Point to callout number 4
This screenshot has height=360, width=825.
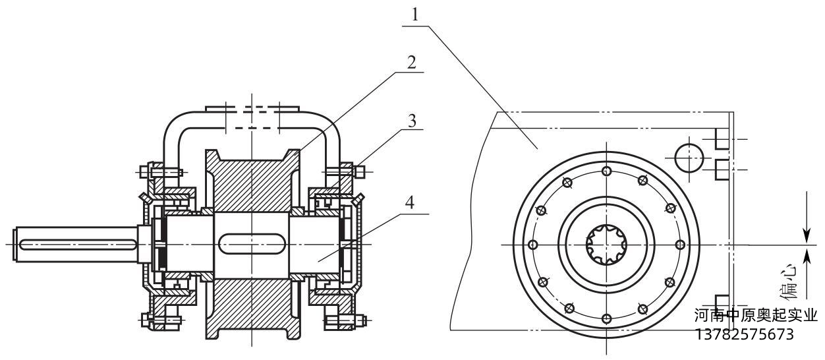click(409, 203)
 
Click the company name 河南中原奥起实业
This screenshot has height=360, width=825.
click(755, 316)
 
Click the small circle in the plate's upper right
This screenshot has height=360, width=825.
click(688, 157)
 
